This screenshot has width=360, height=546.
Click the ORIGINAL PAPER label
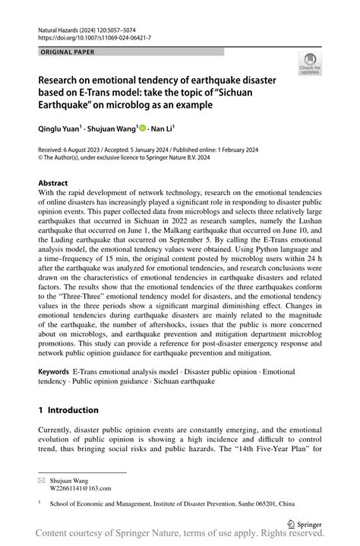(67, 52)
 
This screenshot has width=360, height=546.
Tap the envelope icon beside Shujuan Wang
(43, 481)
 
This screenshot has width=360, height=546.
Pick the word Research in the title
(66, 80)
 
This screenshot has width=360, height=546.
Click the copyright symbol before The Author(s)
(42, 159)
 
